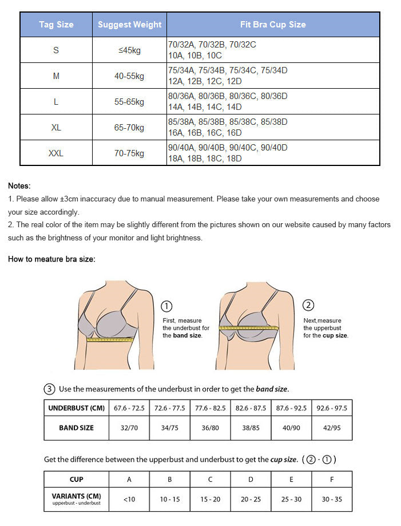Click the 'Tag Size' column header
pyautogui.click(x=56, y=25)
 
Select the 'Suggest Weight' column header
pyautogui.click(x=129, y=25)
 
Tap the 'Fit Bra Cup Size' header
pyautogui.click(x=273, y=25)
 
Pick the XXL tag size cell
pyautogui.click(x=56, y=153)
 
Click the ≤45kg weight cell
pyautogui.click(x=129, y=50)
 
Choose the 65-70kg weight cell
pyautogui.click(x=129, y=128)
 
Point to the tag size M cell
pyautogui.click(x=56, y=76)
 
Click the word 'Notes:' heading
pyautogui.click(x=19, y=185)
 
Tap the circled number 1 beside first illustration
pyautogui.click(x=168, y=306)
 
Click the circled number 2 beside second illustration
pyautogui.click(x=308, y=305)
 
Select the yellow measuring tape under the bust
pyautogui.click(x=110, y=339)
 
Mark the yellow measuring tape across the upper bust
pyautogui.click(x=249, y=328)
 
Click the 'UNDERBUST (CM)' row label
pyautogui.click(x=76, y=408)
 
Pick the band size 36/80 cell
pyautogui.click(x=210, y=428)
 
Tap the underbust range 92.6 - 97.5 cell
pyautogui.click(x=332, y=408)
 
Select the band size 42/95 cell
pyautogui.click(x=332, y=428)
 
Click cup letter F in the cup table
pyautogui.click(x=332, y=479)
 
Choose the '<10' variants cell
pyautogui.click(x=129, y=499)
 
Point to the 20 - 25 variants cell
pyautogui.click(x=251, y=499)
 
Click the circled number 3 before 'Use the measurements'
pyautogui.click(x=50, y=389)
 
